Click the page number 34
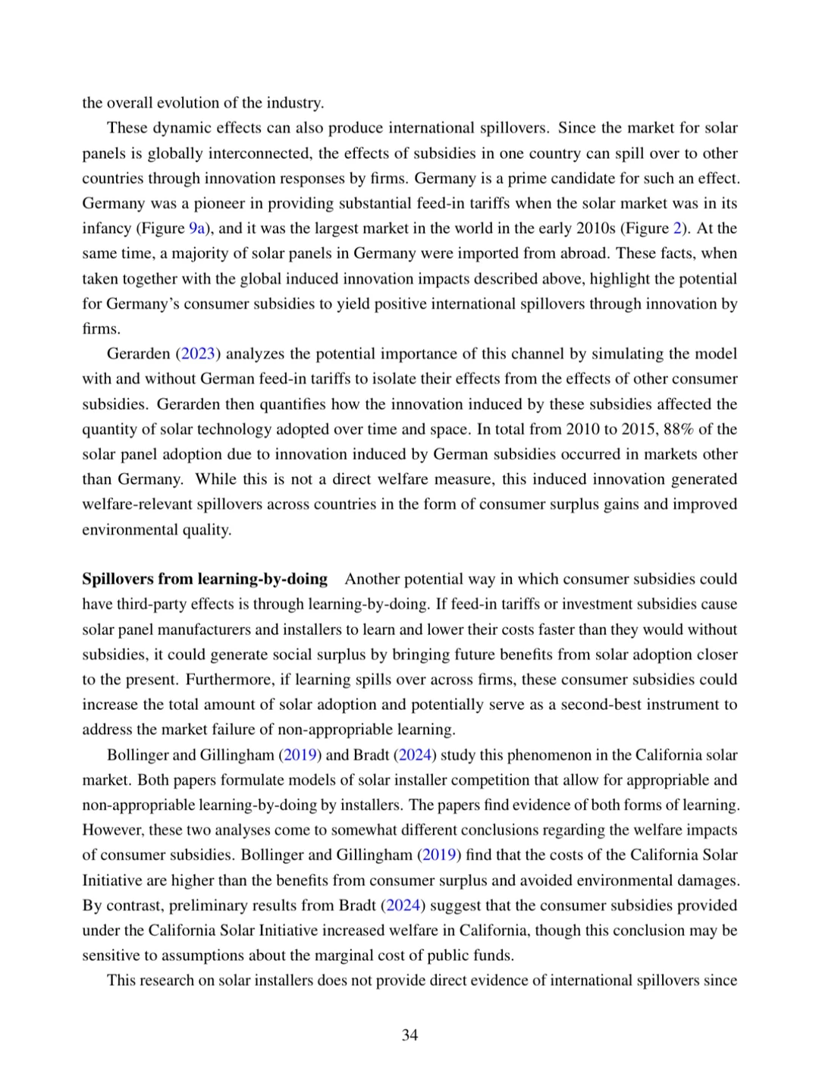409,1035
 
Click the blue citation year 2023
199,353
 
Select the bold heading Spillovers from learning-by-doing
205,579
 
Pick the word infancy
106,228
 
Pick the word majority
199,253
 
